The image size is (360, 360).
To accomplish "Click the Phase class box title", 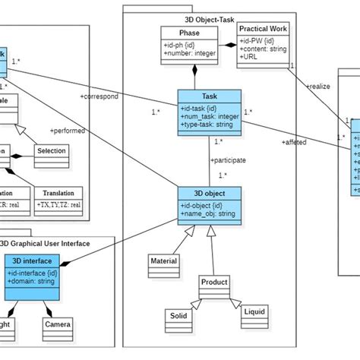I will pos(190,33).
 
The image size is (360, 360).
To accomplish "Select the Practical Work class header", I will pos(264,29).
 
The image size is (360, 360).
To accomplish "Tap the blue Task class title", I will pos(210,96).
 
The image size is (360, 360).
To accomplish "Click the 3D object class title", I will pos(210,193).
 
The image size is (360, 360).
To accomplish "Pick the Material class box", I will pos(164,261).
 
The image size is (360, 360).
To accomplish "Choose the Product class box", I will pos(213,282).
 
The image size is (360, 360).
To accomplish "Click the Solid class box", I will pos(178,315).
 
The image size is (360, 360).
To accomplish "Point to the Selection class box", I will pos(51,150).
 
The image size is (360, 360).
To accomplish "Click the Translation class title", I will pos(58,193).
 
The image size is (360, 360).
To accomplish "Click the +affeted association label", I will pos(294,142).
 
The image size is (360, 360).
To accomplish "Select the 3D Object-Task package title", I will pos(210,18).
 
